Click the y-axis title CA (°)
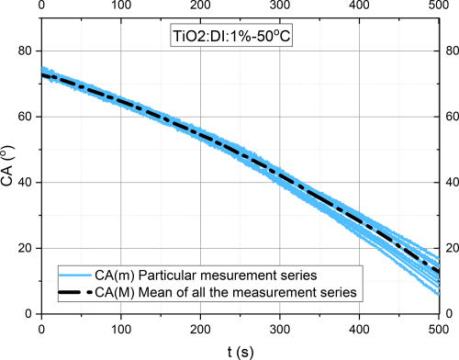(x=8, y=169)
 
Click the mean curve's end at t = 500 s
(x=440, y=273)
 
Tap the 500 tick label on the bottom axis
(x=440, y=327)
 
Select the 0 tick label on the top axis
(x=42, y=8)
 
